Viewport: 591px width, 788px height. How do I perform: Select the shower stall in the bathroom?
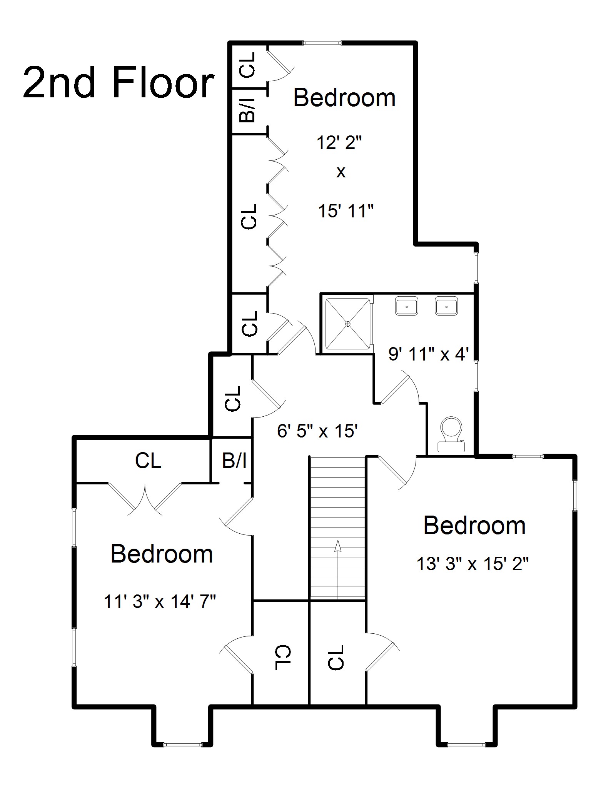(348, 324)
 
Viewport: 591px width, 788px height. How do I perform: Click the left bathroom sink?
(406, 306)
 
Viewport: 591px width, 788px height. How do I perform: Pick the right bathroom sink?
(446, 306)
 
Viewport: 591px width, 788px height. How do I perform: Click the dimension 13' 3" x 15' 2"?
(473, 564)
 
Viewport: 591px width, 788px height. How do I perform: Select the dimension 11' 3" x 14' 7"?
(160, 601)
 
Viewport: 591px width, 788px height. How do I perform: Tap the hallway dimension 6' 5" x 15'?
(318, 431)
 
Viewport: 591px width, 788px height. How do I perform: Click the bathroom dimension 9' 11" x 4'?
(428, 354)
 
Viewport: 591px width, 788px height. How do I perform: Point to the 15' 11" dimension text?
(346, 211)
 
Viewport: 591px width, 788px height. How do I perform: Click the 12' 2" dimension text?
(339, 143)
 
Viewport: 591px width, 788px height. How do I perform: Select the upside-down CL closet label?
(283, 657)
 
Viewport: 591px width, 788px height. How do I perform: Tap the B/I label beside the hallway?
(234, 461)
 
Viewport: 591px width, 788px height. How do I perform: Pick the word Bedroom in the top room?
(344, 98)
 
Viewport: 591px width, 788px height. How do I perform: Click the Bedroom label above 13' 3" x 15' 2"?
(474, 525)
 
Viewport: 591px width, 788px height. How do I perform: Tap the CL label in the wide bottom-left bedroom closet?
(148, 461)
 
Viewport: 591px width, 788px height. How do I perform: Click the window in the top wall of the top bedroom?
(322, 43)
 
